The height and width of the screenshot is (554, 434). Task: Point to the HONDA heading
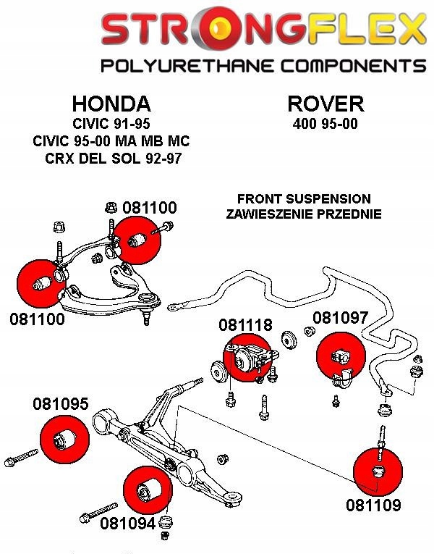111,103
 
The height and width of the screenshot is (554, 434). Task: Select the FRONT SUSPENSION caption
304,198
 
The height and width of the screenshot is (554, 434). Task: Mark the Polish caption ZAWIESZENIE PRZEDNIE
304,214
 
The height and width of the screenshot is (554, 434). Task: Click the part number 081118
245,325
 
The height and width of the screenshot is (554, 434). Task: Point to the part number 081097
340,318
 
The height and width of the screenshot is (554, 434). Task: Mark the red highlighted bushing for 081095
64,438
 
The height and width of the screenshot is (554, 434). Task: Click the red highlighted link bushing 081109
378,469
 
